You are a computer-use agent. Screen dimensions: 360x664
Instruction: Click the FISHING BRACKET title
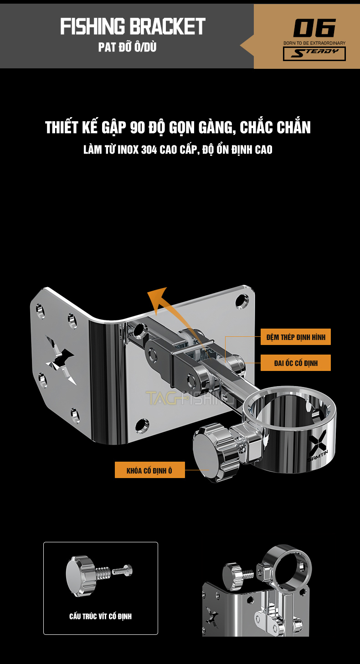click(x=133, y=26)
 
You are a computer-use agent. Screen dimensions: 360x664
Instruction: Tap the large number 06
click(x=314, y=28)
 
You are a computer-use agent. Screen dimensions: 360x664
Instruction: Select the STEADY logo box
click(x=314, y=54)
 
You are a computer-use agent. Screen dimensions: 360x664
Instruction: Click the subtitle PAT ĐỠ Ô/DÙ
click(x=128, y=47)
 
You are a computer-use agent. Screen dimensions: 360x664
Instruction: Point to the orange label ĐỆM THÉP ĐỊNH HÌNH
click(x=296, y=337)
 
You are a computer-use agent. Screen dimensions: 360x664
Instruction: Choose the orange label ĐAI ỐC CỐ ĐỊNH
click(x=296, y=363)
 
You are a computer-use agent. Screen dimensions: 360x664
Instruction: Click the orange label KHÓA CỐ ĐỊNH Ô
click(x=149, y=470)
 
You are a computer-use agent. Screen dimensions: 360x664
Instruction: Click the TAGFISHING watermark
click(x=190, y=398)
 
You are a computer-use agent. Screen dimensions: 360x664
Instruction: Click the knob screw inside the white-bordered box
click(x=87, y=576)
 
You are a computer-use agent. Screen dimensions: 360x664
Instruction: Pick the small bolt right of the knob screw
click(x=122, y=570)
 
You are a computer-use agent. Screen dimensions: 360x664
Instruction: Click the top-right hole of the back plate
click(x=242, y=301)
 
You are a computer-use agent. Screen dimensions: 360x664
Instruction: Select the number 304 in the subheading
click(x=149, y=149)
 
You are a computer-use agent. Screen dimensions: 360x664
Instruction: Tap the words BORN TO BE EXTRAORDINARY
click(x=314, y=43)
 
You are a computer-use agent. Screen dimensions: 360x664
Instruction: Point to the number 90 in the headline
click(x=137, y=128)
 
